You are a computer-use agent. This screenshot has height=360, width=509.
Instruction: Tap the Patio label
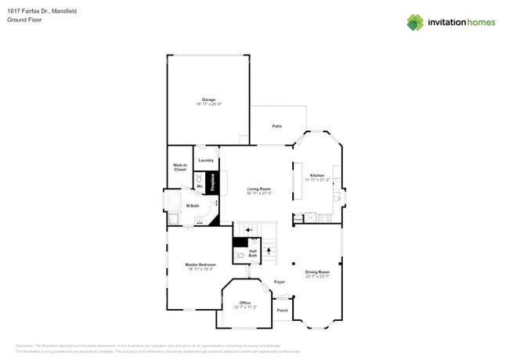click(277, 126)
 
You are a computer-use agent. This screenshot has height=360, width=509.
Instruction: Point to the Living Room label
click(259, 190)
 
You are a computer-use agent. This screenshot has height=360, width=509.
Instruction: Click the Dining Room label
click(317, 273)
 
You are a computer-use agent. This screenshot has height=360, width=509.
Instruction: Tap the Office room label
click(245, 304)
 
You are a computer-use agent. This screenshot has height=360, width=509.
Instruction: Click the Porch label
click(283, 310)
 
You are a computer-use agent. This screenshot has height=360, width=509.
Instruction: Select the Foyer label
click(280, 282)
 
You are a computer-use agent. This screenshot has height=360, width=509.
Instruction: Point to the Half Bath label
click(253, 253)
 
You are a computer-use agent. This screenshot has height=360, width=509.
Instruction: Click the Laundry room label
click(206, 160)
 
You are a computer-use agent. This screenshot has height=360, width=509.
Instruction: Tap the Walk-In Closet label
click(180, 167)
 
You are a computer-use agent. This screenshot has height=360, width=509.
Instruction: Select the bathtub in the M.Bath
click(174, 204)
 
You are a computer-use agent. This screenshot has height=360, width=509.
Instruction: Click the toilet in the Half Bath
click(240, 255)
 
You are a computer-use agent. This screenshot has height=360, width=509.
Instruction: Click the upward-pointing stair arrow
click(269, 251)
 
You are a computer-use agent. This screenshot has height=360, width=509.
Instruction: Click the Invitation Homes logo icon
click(415, 23)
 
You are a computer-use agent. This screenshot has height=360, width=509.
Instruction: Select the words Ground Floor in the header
click(24, 20)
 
